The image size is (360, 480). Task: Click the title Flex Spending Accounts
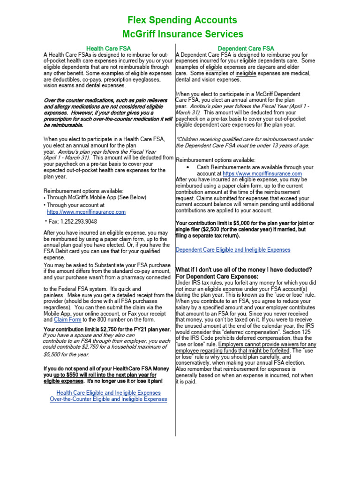(182, 20)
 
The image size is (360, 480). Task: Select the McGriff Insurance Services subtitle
(182, 34)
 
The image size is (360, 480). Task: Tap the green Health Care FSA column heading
(108, 48)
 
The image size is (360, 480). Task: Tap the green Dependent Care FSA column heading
(246, 48)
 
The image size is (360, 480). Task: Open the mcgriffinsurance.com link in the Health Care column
(86, 212)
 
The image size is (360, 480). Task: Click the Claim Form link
(68, 319)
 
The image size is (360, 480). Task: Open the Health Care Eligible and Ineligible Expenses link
(108, 392)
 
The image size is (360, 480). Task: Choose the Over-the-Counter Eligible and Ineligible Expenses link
(108, 399)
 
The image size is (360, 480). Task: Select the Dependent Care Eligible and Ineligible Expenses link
(233, 250)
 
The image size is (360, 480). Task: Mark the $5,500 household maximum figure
(53, 354)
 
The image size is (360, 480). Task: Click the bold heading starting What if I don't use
(244, 269)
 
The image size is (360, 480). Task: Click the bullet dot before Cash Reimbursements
(188, 167)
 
